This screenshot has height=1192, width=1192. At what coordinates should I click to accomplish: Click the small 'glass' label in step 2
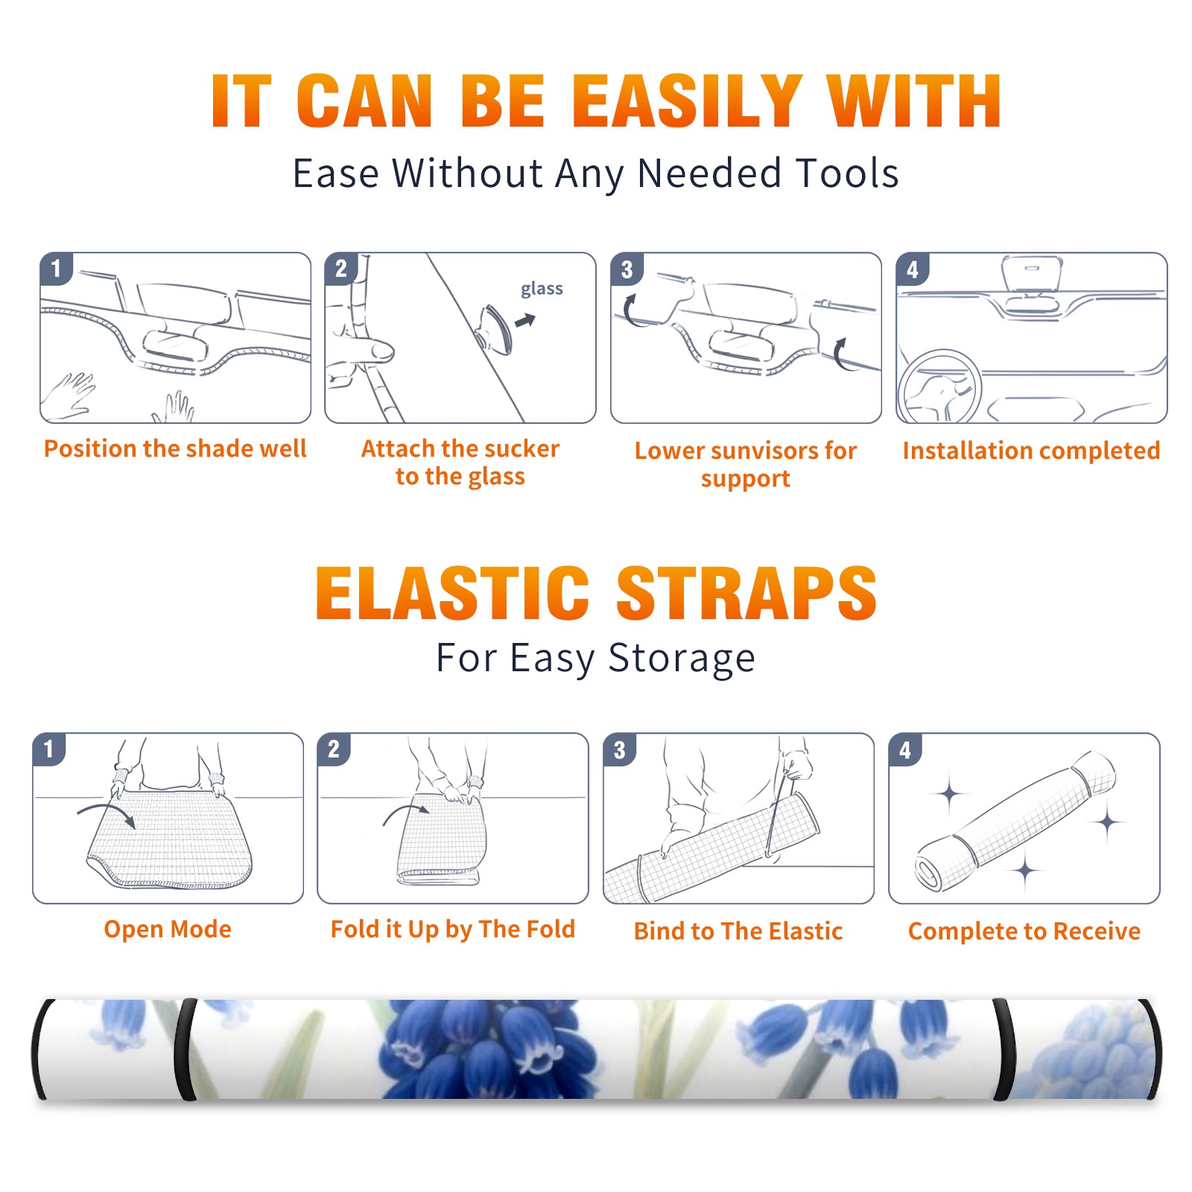[x=542, y=289]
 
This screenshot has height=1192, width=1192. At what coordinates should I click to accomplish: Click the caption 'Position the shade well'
[x=175, y=448]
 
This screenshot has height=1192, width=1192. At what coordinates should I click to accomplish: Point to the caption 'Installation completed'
[x=1031, y=451]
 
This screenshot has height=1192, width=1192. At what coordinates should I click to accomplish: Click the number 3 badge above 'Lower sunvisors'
[x=627, y=269]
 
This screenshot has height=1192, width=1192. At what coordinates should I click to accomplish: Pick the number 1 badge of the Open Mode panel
[x=49, y=749]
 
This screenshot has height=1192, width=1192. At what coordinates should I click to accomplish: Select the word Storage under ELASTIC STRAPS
[x=682, y=659]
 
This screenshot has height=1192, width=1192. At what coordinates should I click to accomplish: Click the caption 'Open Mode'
[x=168, y=929]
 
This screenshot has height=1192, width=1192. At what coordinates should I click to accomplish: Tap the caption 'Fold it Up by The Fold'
[x=453, y=929]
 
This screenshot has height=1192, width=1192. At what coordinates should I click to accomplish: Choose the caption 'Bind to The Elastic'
[x=738, y=931]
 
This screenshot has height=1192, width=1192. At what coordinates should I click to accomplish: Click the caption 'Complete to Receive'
[x=1024, y=931]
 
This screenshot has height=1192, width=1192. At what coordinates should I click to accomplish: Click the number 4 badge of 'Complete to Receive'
[x=905, y=749]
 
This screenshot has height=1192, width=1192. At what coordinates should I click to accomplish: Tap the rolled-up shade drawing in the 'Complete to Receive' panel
[x=1015, y=821]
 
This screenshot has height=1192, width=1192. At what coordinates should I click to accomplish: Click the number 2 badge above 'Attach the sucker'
[x=341, y=269]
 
